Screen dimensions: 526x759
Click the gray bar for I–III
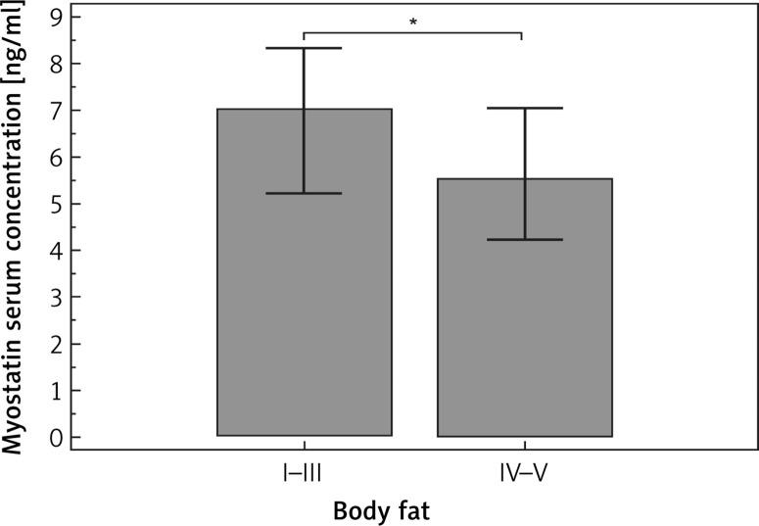click(304, 294)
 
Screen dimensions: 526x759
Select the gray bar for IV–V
click(525, 323)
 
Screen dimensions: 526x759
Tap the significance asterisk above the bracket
click(412, 22)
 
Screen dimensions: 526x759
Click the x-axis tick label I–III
click(304, 475)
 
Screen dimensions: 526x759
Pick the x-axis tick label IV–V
click(525, 475)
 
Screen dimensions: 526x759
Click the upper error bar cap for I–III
click(304, 48)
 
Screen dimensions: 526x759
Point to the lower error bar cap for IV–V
click(525, 239)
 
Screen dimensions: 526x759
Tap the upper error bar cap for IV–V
click(525, 108)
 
